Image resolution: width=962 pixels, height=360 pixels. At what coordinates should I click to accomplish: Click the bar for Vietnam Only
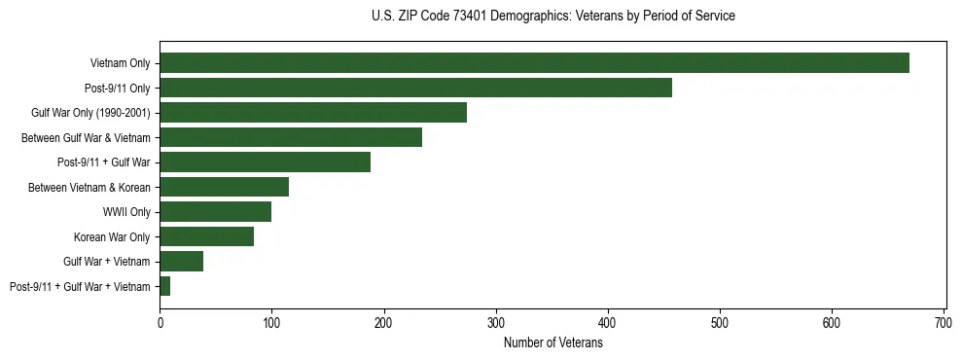534,63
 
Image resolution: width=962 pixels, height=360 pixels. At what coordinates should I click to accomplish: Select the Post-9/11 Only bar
415,89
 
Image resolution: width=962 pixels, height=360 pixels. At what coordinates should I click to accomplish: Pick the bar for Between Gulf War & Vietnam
291,138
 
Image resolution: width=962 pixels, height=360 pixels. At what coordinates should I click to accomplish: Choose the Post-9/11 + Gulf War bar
265,162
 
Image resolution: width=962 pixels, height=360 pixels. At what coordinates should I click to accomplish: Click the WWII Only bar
215,212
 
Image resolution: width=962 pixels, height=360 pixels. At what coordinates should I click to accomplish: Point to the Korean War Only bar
206,236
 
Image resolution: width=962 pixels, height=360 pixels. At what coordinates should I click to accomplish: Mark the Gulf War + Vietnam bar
181,262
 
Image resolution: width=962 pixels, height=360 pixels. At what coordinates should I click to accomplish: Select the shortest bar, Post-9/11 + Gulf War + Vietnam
165,286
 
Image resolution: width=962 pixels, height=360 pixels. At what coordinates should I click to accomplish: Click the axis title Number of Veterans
552,343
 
